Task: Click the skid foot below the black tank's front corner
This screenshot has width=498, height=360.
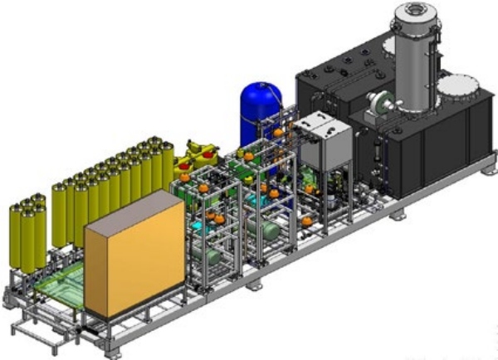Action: pyautogui.click(x=398, y=215)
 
